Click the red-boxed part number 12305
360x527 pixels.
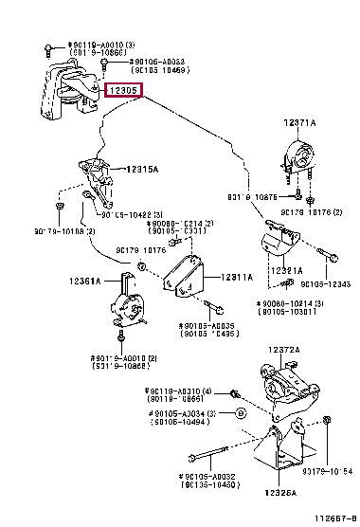tap(123, 91)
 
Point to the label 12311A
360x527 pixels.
tap(236, 277)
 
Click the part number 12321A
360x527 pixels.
tap(284, 270)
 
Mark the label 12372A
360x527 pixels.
tap(282, 377)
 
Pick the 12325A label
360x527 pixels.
tap(279, 493)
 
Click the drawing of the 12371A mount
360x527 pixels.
tap(301, 155)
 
